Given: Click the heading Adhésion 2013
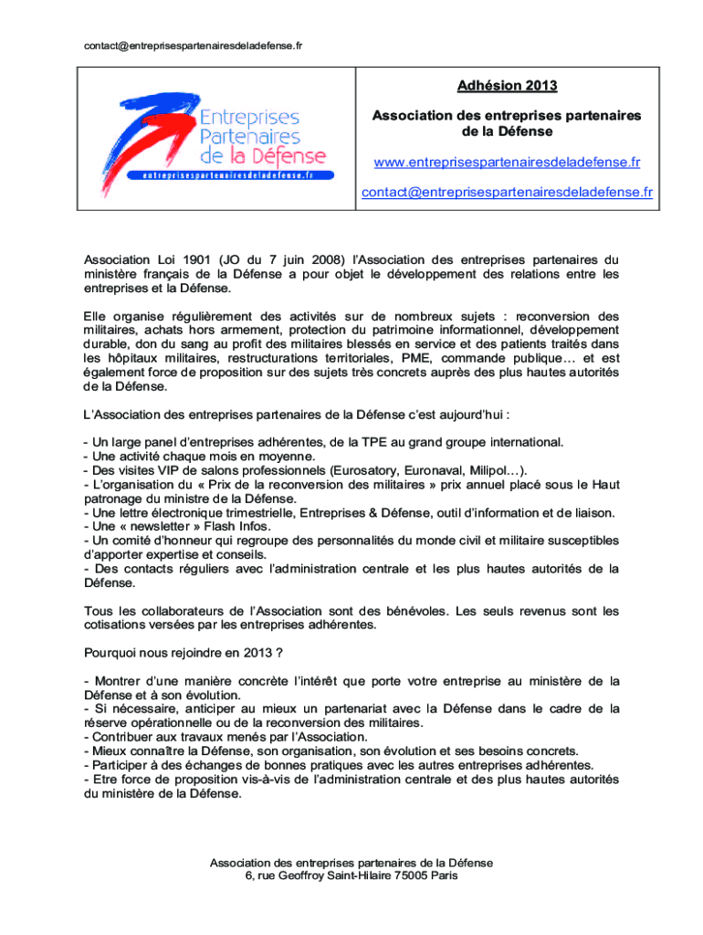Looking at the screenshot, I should coord(507,87).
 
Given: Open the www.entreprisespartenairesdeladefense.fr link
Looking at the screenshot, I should coord(507,163).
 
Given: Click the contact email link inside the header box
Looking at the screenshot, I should coord(507,192).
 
